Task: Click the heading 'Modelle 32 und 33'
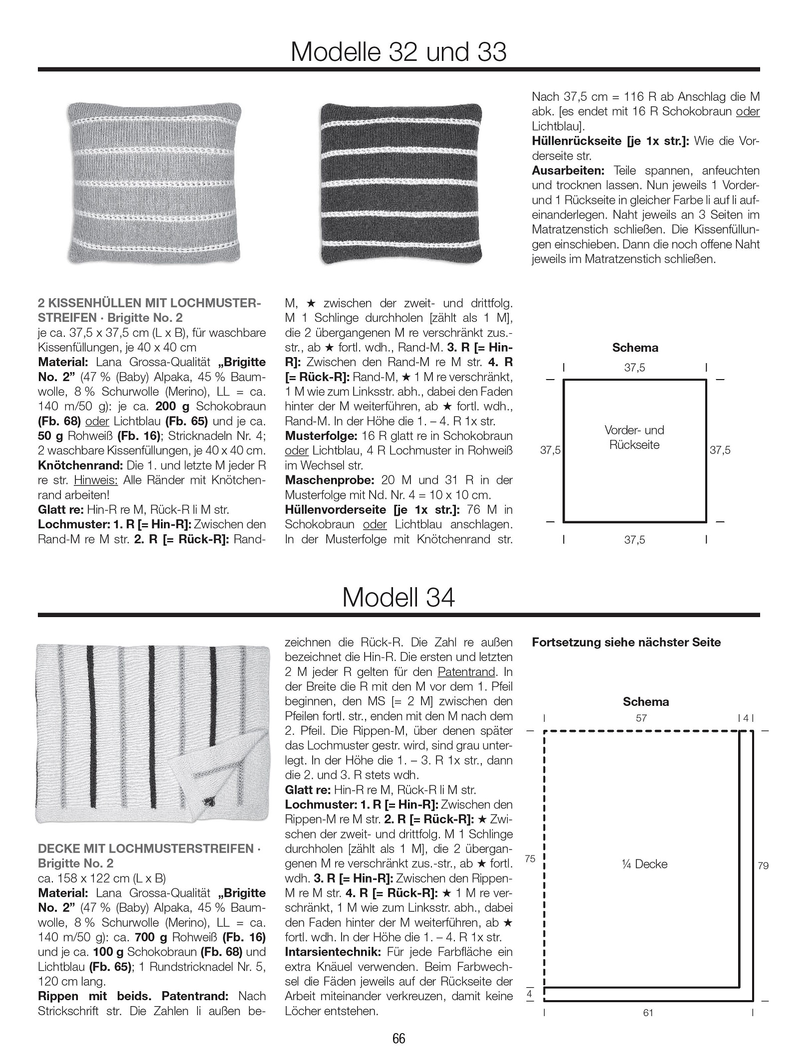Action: tap(399, 52)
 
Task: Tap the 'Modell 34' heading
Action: tap(399, 597)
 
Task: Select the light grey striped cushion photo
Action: tap(154, 183)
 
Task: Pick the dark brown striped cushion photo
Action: tap(400, 183)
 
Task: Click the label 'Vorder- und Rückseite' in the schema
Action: tap(634, 437)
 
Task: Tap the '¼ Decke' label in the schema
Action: tap(645, 864)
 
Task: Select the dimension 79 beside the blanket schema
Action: tap(763, 865)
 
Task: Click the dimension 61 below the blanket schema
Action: tap(648, 1013)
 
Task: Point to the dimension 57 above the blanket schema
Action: tap(641, 718)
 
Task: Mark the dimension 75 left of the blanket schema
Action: tap(530, 858)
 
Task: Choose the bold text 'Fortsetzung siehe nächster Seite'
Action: tap(626, 642)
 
